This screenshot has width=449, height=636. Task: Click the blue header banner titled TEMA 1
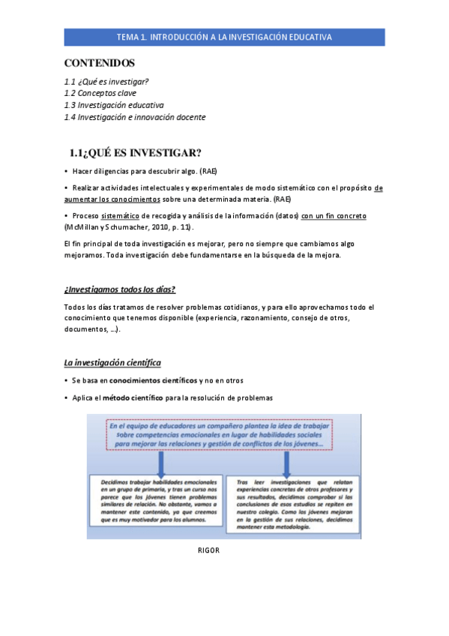224,37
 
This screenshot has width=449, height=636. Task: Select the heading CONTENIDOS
100,63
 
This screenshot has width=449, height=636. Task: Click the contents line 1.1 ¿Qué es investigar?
106,81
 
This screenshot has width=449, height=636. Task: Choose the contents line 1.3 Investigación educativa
114,105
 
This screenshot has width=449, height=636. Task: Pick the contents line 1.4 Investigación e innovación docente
135,117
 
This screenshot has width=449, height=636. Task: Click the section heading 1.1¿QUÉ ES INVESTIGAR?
136,153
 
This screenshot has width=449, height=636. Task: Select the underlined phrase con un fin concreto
334,215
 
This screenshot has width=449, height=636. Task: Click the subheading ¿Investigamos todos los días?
120,289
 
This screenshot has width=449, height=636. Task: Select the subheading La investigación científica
112,362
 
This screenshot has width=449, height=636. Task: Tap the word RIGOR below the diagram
208,550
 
